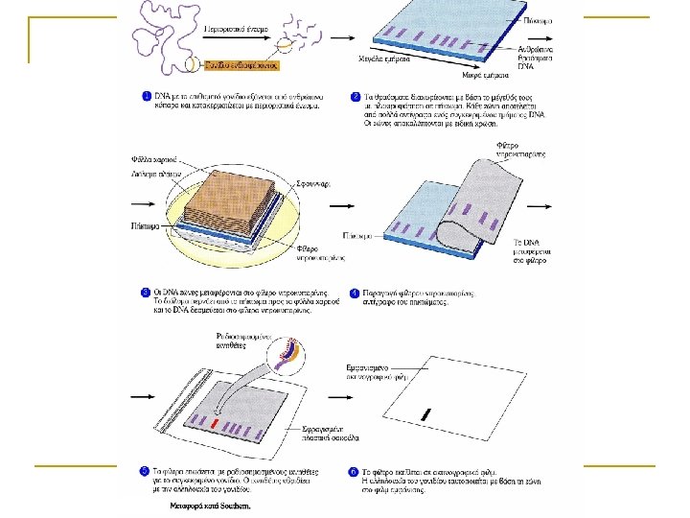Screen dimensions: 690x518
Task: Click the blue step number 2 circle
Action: click(x=356, y=97)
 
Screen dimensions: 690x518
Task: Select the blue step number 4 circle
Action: click(x=355, y=291)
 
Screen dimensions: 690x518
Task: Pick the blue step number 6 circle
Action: click(x=355, y=471)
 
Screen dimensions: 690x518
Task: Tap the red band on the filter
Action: click(x=215, y=423)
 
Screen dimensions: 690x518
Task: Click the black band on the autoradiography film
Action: click(x=426, y=413)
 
